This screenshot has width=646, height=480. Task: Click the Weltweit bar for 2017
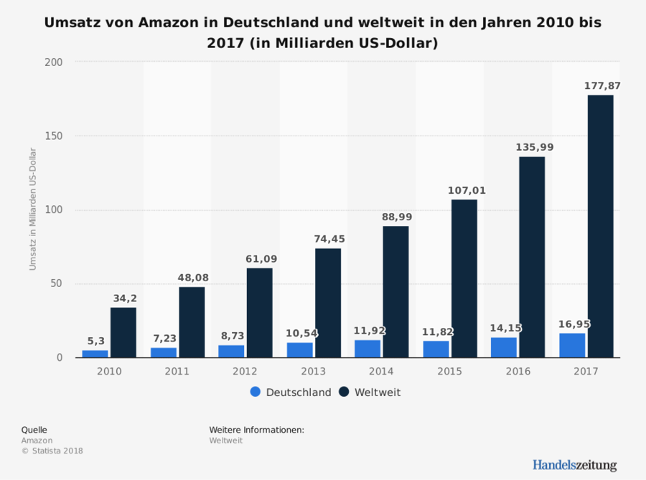point(600,226)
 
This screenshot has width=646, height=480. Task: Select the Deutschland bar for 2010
point(95,353)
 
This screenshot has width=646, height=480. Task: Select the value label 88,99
point(395,217)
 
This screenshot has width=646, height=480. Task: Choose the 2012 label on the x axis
point(245,371)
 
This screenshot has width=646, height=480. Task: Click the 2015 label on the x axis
point(450,371)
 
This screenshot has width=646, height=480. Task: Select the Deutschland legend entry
point(291,392)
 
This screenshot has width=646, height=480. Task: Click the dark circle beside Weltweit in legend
point(345,392)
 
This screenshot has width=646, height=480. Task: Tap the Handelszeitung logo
point(574,465)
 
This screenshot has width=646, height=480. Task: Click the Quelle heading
point(34,430)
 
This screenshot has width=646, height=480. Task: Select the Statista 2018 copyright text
point(52,451)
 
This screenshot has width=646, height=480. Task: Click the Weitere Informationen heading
point(256,430)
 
